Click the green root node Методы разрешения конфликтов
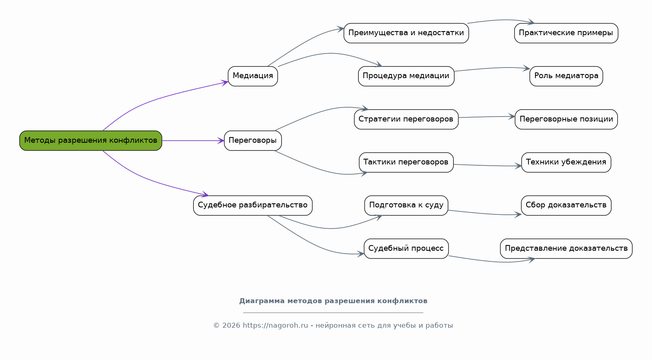pyautogui.click(x=91, y=141)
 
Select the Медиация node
pyautogui.click(x=253, y=76)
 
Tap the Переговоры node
pyautogui.click(x=253, y=141)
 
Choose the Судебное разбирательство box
pyautogui.click(x=253, y=205)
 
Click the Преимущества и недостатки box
pyautogui.click(x=406, y=33)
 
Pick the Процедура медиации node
pyautogui.click(x=406, y=76)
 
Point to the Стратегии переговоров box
pyautogui.click(x=406, y=119)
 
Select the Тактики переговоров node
pyautogui.click(x=406, y=162)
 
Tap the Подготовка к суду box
pyautogui.click(x=406, y=205)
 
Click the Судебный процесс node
pyautogui.click(x=406, y=249)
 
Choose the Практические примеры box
pyautogui.click(x=566, y=33)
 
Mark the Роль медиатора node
pyautogui.click(x=566, y=76)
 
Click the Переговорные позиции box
pyautogui.click(x=566, y=119)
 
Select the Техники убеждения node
pyautogui.click(x=566, y=162)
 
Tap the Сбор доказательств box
pyautogui.click(x=566, y=205)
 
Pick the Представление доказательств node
pyautogui.click(x=566, y=249)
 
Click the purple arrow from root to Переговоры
pyautogui.click(x=192, y=141)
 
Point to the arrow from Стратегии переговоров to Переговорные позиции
pyautogui.click(x=486, y=117)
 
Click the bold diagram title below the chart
pyautogui.click(x=333, y=301)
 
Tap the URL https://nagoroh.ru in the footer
pyautogui.click(x=275, y=326)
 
